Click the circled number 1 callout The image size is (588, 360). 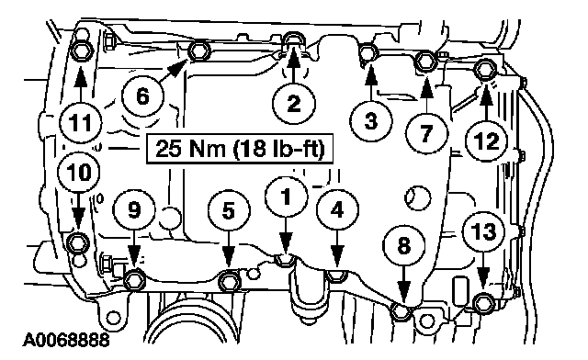coord(286,197)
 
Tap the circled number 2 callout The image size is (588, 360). coord(294,103)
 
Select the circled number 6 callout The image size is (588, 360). coord(142,96)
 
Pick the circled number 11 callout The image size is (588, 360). coord(81,122)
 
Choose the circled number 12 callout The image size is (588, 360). coord(487,141)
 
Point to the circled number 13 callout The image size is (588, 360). coord(484,231)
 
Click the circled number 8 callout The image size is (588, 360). coord(404,246)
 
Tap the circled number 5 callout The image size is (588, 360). coord(229,210)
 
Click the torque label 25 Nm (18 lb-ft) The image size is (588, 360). coord(239,149)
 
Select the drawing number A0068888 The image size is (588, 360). coord(66,340)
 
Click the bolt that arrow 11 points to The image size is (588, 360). coord(80,51)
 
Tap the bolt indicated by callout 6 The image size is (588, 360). coord(197,51)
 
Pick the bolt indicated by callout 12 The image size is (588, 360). coord(484,71)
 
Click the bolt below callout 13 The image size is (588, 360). coord(482,302)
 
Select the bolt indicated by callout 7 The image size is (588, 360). coord(425,61)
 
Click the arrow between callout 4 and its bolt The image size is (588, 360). coord(337,249)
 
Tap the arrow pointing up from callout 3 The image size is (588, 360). coord(371,83)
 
